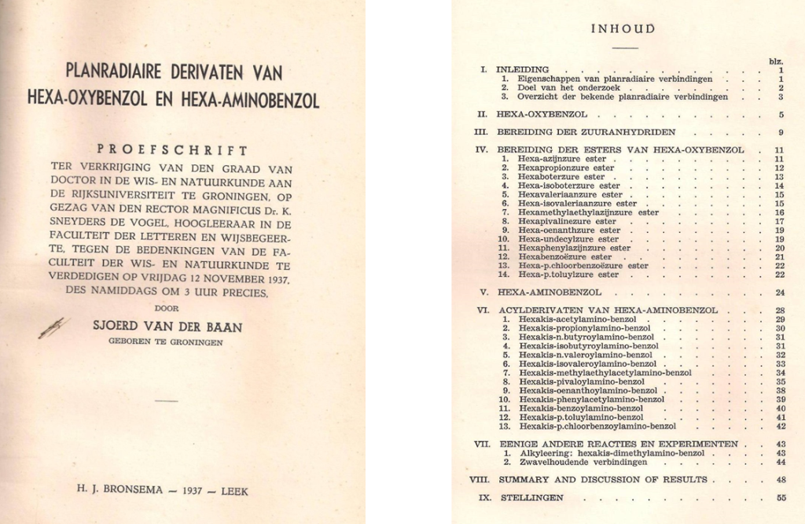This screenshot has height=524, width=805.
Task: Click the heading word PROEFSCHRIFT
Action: pos(171,150)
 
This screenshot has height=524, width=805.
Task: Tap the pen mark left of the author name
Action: pos(52,327)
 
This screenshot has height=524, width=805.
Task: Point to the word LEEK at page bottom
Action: pos(234,491)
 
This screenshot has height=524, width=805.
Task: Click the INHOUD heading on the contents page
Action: pos(623,29)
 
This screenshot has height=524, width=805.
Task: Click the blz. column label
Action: pos(776,61)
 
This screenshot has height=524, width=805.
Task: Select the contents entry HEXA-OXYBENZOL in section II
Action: pos(542,115)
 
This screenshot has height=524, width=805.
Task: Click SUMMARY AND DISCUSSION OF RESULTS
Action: pos(602,479)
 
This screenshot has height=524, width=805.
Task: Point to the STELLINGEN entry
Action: pos(530,497)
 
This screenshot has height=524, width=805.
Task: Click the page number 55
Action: pos(780,497)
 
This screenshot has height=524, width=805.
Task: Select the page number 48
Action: pos(780,479)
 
